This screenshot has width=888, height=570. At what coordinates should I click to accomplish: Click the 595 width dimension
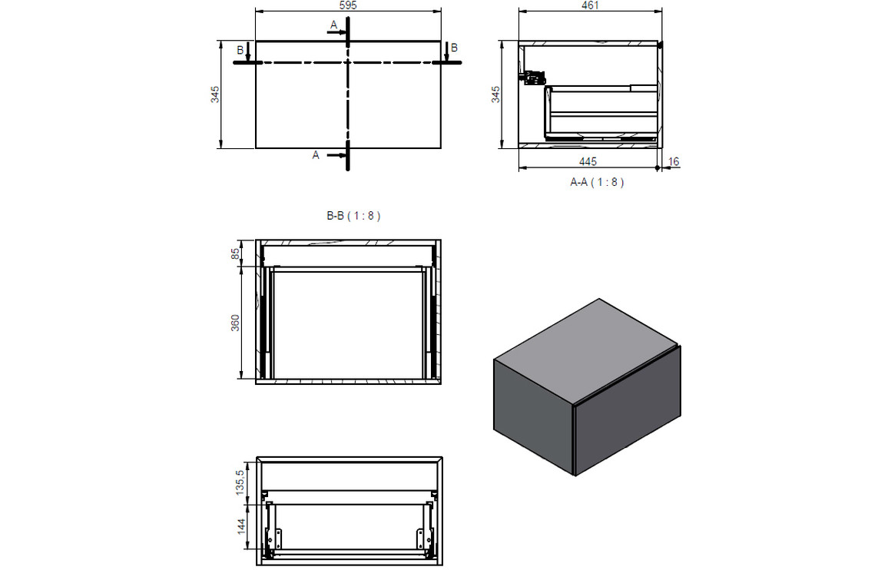pyautogui.click(x=348, y=5)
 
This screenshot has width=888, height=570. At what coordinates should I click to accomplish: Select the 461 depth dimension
pyautogui.click(x=590, y=5)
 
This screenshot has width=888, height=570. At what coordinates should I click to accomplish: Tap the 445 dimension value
pyautogui.click(x=588, y=161)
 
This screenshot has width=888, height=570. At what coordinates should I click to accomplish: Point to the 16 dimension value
pyautogui.click(x=674, y=161)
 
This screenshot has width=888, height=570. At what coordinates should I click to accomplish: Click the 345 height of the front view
pyautogui.click(x=216, y=94)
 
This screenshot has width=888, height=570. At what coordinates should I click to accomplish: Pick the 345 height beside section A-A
pyautogui.click(x=495, y=94)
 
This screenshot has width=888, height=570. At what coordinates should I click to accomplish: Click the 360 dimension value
pyautogui.click(x=236, y=323)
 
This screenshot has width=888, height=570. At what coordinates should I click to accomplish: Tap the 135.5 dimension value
pyautogui.click(x=240, y=482)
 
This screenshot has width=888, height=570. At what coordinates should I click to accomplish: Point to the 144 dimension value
pyautogui.click(x=240, y=526)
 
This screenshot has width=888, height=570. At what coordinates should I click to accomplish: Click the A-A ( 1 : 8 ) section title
pyautogui.click(x=597, y=183)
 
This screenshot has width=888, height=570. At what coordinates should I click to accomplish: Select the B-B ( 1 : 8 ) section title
pyautogui.click(x=353, y=216)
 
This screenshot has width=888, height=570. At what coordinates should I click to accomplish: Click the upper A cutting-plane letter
pyautogui.click(x=333, y=25)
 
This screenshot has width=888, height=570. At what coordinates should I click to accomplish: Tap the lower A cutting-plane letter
pyautogui.click(x=315, y=155)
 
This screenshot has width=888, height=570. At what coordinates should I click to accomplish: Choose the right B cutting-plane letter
pyautogui.click(x=454, y=48)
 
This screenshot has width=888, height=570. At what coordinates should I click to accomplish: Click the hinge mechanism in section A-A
pyautogui.click(x=533, y=77)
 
